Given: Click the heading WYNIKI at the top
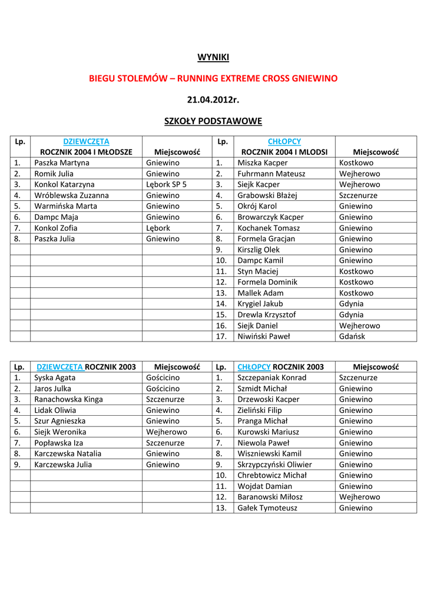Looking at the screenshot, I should click(x=213, y=57).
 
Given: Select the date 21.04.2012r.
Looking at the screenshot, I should click(x=213, y=100).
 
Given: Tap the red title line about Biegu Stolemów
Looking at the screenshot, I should click(x=213, y=78).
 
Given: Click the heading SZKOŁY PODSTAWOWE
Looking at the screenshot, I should click(x=213, y=121).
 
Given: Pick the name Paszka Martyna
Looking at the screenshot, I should click(x=62, y=163).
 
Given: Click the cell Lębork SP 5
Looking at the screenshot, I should click(x=166, y=184).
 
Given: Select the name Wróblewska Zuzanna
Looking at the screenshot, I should click(x=71, y=195).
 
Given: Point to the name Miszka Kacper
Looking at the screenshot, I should click(x=263, y=163).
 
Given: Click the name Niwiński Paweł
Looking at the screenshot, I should click(x=264, y=336).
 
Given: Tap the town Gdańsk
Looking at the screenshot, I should click(x=352, y=336).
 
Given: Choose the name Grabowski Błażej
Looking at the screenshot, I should click(x=267, y=195).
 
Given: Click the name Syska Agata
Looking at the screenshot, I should click(x=55, y=377).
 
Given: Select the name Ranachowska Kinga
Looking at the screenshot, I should click(x=68, y=399).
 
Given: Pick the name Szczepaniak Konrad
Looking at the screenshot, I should click(x=272, y=377).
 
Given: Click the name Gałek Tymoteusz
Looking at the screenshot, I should click(x=267, y=508).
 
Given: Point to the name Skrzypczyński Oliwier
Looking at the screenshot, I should click(x=274, y=464).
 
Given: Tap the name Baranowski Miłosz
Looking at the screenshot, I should click(x=270, y=497).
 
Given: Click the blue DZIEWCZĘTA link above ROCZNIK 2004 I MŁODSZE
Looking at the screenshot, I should click(x=86, y=141).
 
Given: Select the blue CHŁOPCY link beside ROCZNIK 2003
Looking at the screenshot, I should click(x=254, y=367).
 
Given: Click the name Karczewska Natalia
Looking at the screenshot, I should click(x=68, y=453).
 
